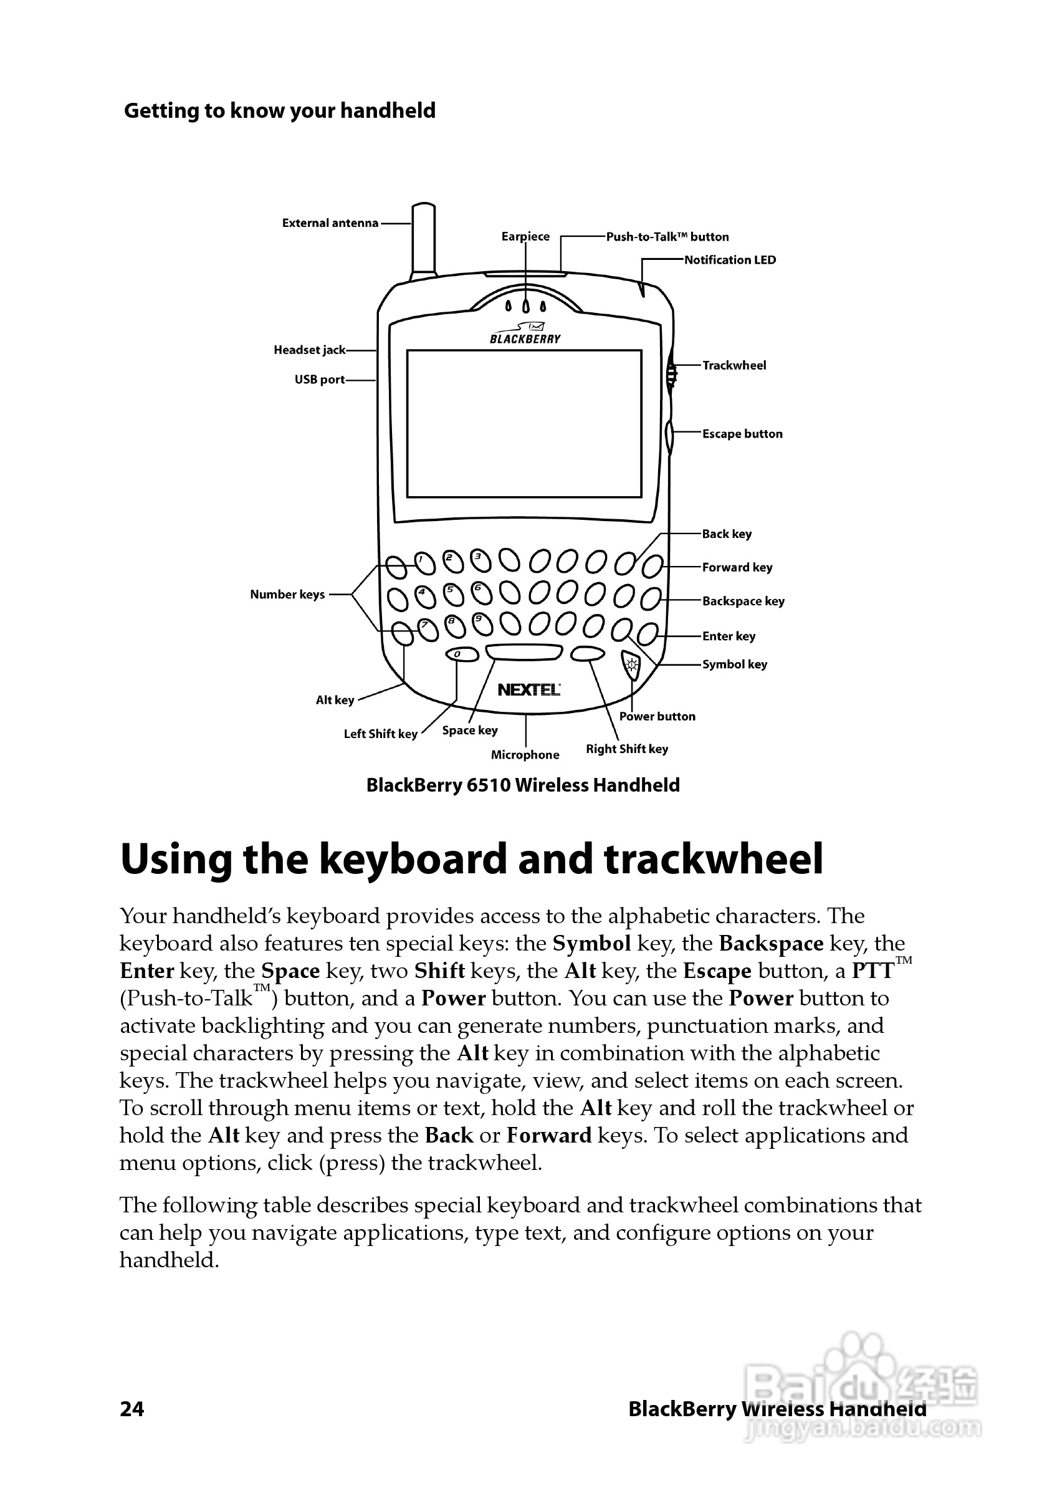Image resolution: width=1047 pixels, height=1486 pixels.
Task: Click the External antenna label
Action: pyautogui.click(x=330, y=223)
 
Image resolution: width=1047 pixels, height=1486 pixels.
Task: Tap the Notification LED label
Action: pyautogui.click(x=730, y=260)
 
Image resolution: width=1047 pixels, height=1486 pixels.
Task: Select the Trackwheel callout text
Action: pyautogui.click(x=734, y=366)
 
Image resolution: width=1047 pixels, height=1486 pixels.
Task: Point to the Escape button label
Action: pyautogui.click(x=742, y=434)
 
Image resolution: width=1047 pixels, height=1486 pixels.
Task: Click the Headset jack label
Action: pyautogui.click(x=309, y=350)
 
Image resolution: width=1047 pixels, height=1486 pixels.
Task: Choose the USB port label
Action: pyautogui.click(x=320, y=380)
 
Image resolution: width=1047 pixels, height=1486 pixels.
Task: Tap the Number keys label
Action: pyautogui.click(x=287, y=595)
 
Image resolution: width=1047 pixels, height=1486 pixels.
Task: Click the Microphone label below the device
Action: pyautogui.click(x=525, y=755)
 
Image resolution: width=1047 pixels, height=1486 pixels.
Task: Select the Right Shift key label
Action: pyautogui.click(x=626, y=749)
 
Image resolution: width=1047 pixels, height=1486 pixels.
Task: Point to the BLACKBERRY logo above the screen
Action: pyautogui.click(x=525, y=338)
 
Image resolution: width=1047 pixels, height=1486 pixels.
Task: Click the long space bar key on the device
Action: pyautogui.click(x=524, y=652)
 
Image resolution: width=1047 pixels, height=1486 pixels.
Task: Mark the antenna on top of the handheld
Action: pyautogui.click(x=423, y=239)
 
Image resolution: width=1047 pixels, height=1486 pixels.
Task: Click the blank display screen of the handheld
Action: pyautogui.click(x=524, y=424)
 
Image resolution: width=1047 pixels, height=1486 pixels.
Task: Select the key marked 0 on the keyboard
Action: pyautogui.click(x=462, y=654)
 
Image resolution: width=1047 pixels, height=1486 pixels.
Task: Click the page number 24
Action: pyautogui.click(x=132, y=1409)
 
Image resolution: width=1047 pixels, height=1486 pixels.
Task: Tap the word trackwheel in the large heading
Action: pyautogui.click(x=713, y=860)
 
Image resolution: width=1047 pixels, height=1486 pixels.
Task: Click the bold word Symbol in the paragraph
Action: pyautogui.click(x=591, y=944)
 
